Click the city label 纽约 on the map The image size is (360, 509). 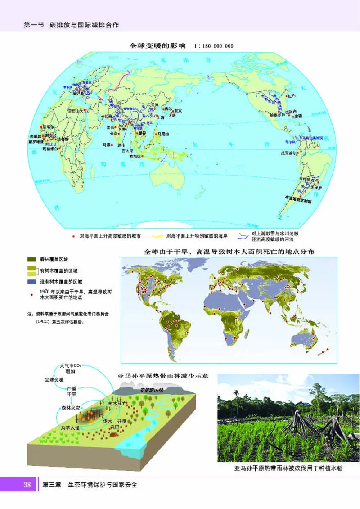tap(291, 96)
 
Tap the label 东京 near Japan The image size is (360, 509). tap(178, 111)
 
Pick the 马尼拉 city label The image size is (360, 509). tap(162, 134)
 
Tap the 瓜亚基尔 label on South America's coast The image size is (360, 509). tap(289, 153)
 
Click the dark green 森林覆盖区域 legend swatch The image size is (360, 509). tap(32, 259)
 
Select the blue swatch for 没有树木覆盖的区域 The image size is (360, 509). tap(32, 282)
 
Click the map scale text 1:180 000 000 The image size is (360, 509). tap(213, 46)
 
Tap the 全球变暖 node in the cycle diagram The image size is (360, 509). tap(54, 380)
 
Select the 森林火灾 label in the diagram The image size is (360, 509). tap(70, 408)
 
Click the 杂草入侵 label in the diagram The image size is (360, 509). tap(70, 428)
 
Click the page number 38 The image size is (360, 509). tap(27, 485)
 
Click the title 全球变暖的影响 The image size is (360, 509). tap(157, 46)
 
